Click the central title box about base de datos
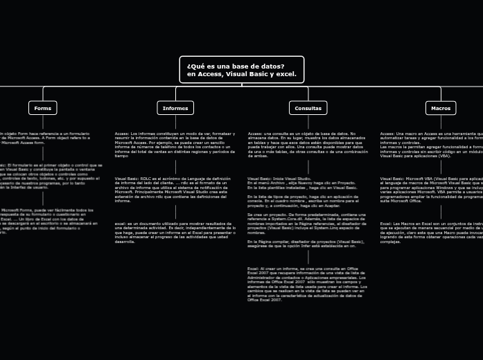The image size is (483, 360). tap(241, 70)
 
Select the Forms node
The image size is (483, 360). tap(43, 108)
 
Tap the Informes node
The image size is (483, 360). tap(175, 108)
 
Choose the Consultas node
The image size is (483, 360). tap(308, 108)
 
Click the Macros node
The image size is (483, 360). tap(441, 108)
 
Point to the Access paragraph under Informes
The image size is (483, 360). tap(175, 145)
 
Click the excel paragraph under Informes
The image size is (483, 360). tap(175, 233)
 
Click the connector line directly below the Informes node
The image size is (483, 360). tap(175, 122)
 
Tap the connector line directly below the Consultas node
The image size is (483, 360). tap(308, 122)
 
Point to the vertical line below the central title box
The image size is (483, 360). tap(241, 85)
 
